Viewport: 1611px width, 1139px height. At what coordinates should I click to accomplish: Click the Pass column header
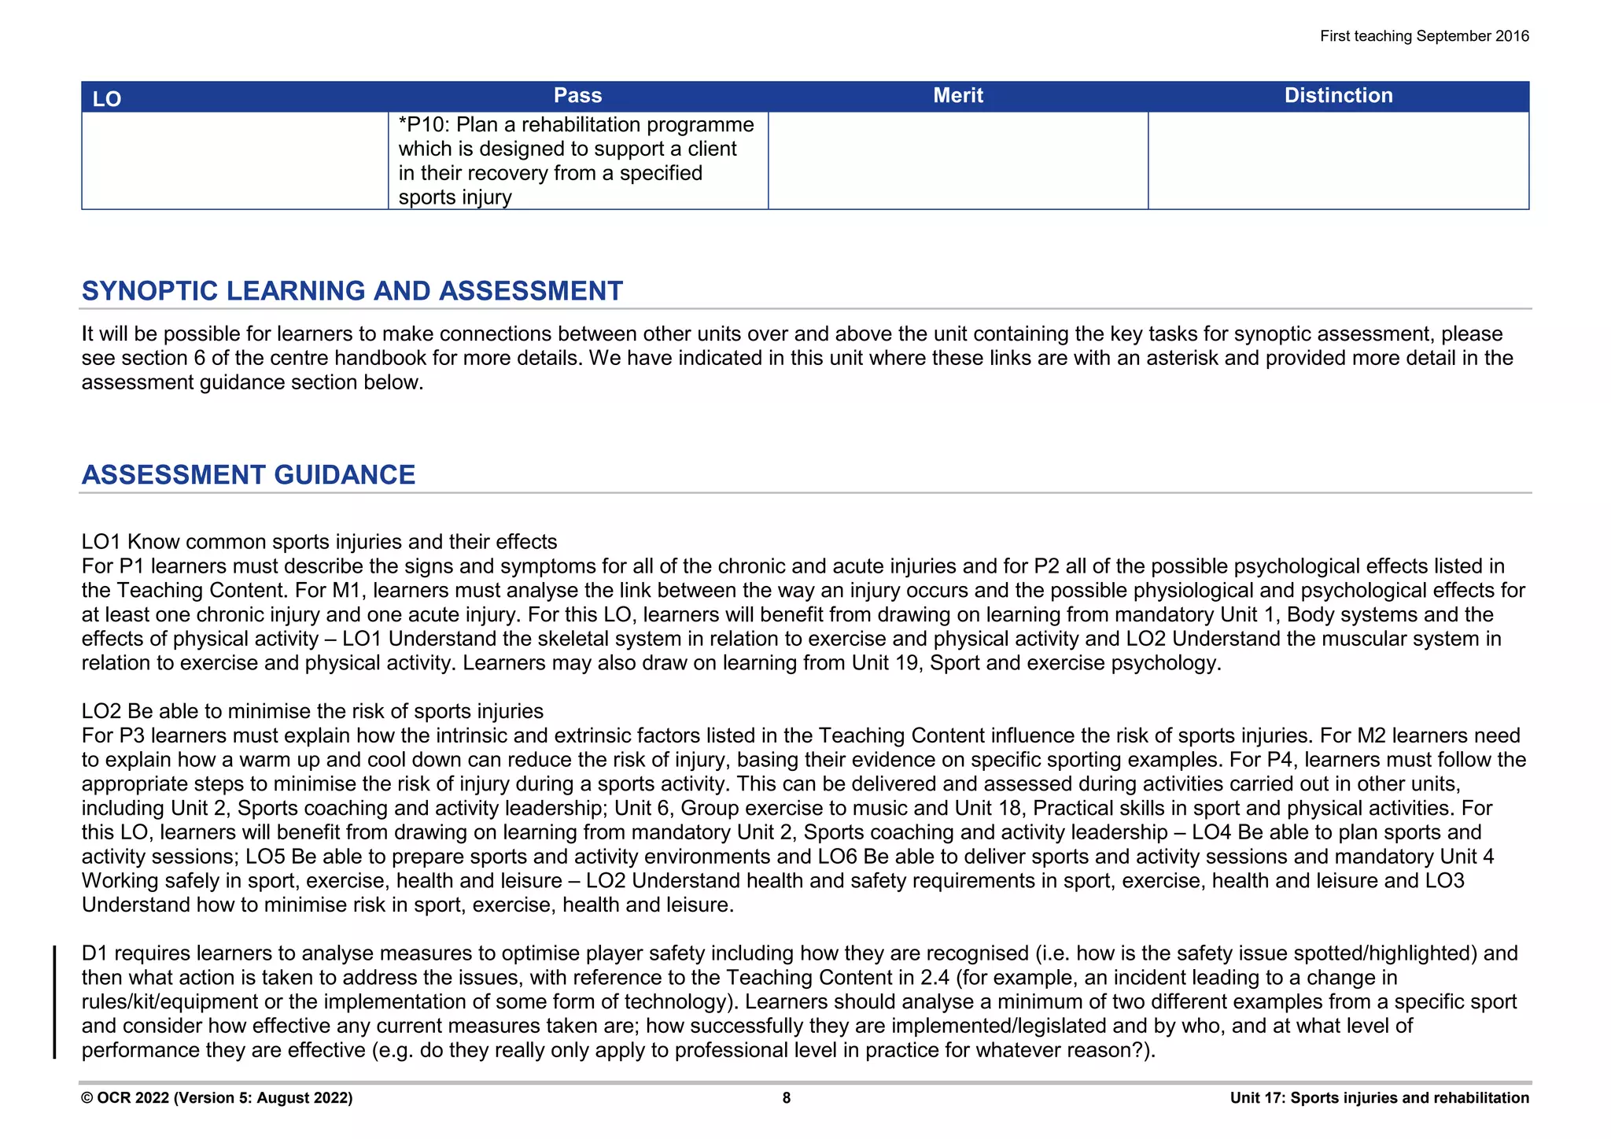click(x=577, y=96)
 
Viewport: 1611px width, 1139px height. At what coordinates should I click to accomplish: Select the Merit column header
click(x=957, y=96)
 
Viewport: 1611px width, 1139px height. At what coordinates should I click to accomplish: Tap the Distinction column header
click(x=1338, y=96)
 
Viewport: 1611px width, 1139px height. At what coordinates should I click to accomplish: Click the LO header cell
click(x=107, y=99)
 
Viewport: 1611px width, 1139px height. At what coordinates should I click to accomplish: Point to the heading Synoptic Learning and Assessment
click(x=352, y=291)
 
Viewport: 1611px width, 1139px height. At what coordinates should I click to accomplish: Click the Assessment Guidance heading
click(x=248, y=475)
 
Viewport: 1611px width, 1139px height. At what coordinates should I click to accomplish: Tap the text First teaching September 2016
click(x=1424, y=36)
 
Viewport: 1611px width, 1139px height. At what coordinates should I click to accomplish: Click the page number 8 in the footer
click(x=786, y=1098)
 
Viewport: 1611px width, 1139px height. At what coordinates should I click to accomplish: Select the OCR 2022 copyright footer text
click(x=216, y=1098)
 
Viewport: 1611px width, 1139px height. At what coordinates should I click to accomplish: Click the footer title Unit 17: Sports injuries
click(x=1379, y=1098)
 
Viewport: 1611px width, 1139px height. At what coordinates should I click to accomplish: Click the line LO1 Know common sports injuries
click(x=319, y=542)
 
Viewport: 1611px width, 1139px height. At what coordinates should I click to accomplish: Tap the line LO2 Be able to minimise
click(x=312, y=711)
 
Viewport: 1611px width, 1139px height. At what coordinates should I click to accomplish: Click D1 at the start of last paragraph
click(x=94, y=953)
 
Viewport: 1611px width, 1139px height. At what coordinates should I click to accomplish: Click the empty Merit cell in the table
click(x=957, y=160)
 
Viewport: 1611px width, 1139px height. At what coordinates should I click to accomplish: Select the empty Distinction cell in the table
click(x=1338, y=160)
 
